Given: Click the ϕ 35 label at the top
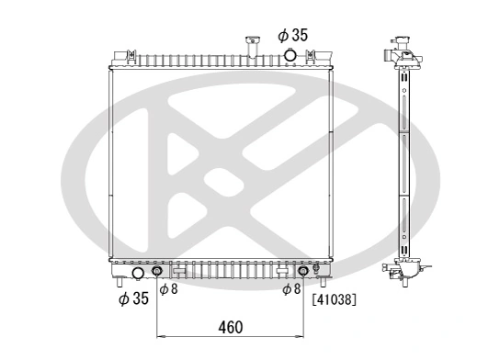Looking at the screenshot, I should pos(293,35).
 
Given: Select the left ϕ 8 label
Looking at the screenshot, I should pos(168,289).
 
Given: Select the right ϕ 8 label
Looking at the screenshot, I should pos(291,289).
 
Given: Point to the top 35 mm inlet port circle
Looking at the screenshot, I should pos(290,56).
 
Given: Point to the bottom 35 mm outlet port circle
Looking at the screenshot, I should pos(139,273).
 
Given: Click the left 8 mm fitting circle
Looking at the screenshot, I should pos(157,272).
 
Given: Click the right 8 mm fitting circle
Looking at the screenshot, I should pos(303,272).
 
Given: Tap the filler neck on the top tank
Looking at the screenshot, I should pos(248,45).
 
